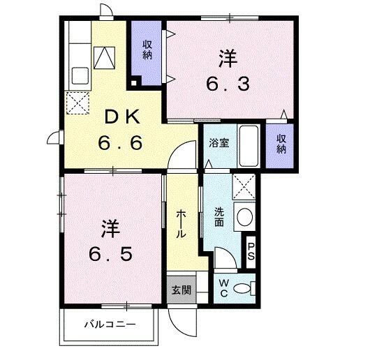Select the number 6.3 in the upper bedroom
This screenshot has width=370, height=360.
[x=228, y=84]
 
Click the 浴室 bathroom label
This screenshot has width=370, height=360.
[x=219, y=144]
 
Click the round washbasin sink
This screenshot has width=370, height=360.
[x=244, y=217]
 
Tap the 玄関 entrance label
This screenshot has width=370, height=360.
[x=181, y=289]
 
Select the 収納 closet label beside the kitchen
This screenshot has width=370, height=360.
[x=148, y=51]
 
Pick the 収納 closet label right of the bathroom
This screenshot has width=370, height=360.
[x=281, y=144]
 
